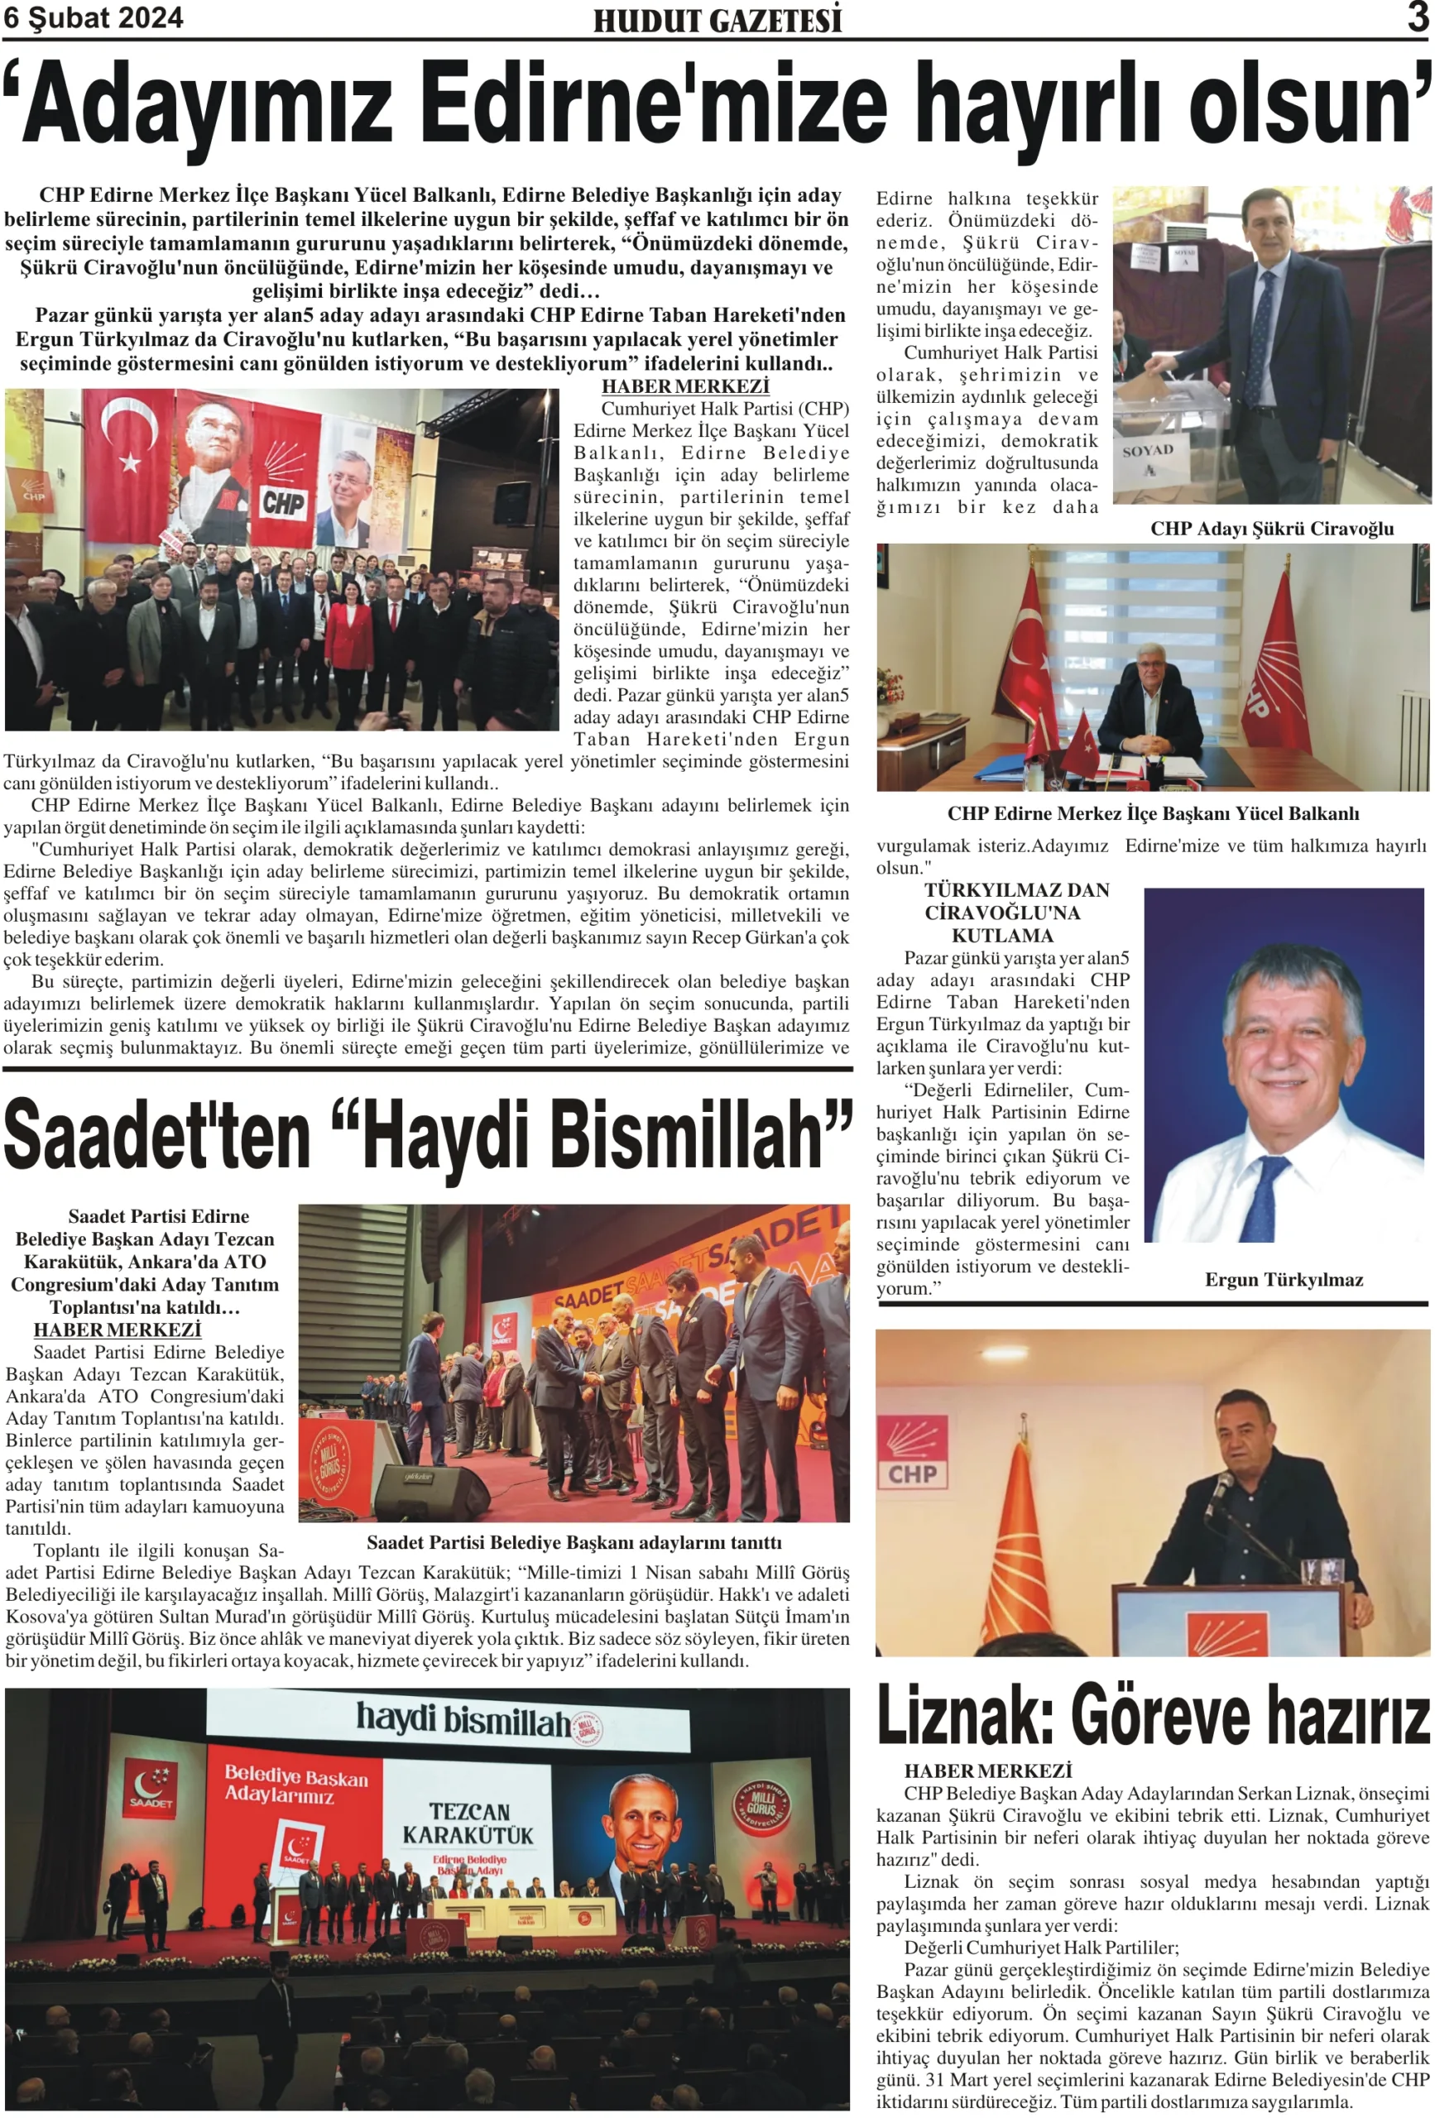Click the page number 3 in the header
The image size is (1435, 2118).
pos(1417,17)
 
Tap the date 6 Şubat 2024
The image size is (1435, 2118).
pos(93,18)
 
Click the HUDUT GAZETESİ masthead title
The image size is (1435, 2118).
pos(717,21)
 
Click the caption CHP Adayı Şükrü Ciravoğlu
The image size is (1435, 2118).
pos(1271,529)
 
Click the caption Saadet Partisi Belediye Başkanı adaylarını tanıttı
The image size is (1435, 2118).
pos(574,1542)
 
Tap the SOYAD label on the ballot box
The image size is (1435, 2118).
pos(1147,451)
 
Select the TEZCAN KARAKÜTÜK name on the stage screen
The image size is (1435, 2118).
pos(468,1823)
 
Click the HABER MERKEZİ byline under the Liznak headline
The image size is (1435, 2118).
pos(987,1770)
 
